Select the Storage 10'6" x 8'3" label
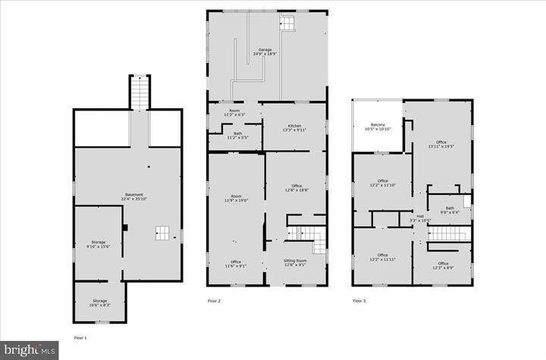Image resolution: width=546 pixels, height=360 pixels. pos(100,302)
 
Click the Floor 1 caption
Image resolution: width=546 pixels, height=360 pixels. pos(80,337)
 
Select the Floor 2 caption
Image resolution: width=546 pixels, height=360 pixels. pos(215,301)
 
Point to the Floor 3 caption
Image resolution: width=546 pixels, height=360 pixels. pos(359,301)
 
